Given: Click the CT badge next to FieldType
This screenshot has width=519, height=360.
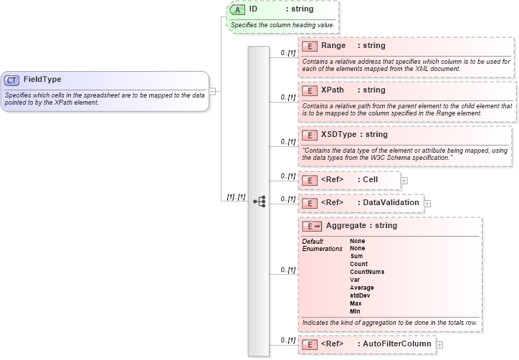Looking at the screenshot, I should coord(12,80).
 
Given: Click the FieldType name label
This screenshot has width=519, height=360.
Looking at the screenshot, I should coord(42,80).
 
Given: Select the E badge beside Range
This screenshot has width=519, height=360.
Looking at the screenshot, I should coord(310,46).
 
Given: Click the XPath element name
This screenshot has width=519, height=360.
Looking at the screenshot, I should coord(333,90).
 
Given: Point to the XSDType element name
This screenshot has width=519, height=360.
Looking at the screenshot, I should coord(339,134).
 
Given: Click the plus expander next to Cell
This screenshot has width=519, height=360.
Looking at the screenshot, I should coord(404,180).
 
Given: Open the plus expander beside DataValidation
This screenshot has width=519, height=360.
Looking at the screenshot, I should coord(427,204).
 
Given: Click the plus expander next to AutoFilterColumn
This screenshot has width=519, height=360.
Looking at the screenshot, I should coord(439,345).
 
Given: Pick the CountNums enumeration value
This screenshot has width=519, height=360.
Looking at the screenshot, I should coord(366,272).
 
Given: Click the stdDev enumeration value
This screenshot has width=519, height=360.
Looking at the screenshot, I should coord(360,295).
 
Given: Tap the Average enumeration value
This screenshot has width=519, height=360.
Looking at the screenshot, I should coord(361,288).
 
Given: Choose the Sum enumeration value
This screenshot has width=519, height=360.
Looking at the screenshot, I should coord(356,256).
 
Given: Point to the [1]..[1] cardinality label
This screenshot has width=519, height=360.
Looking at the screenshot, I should coord(236,196).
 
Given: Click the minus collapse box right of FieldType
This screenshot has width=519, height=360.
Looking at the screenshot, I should coord(213,91).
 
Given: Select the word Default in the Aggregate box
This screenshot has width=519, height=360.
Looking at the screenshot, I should coord(313,241).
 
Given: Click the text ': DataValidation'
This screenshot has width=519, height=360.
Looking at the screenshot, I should coord(388,203).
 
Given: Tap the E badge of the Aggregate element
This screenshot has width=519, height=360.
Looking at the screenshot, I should coord(312,227).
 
